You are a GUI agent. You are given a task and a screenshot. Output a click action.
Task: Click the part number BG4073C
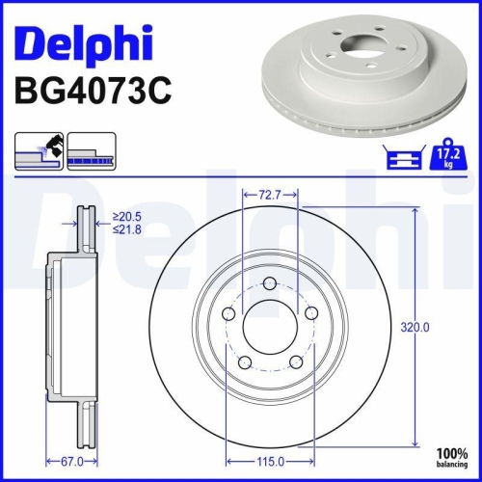pyautogui.click(x=94, y=94)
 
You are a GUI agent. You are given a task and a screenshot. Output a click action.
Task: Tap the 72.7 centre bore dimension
pyautogui.click(x=269, y=195)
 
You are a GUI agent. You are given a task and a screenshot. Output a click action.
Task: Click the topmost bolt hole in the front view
pyautogui.click(x=270, y=283)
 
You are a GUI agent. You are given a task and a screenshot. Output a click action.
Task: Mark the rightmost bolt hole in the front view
pyautogui.click(x=311, y=312)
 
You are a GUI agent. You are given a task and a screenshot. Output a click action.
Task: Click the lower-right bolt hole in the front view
pyautogui.click(x=295, y=362)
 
